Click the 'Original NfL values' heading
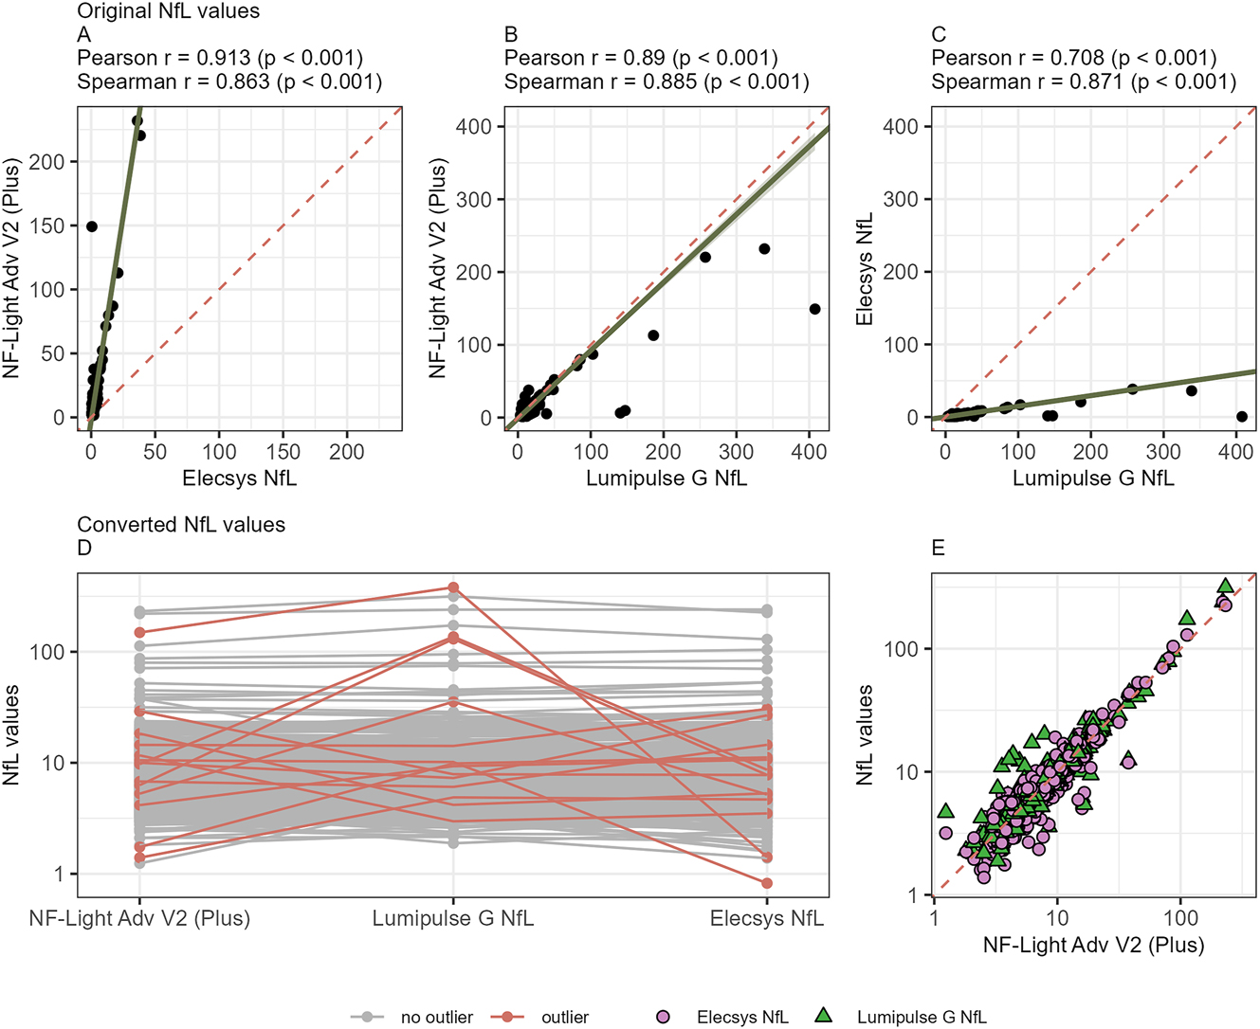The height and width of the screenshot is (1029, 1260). (x=168, y=12)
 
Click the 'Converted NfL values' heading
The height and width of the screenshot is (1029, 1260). (x=181, y=525)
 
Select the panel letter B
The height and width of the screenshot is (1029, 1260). (x=511, y=35)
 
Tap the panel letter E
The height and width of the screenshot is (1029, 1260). (x=938, y=549)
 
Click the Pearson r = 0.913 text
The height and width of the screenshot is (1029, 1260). (x=220, y=59)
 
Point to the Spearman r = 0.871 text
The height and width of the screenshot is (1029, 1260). (x=1084, y=82)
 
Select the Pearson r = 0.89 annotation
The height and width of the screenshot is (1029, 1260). (x=641, y=59)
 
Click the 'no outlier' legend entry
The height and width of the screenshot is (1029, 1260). (x=436, y=1017)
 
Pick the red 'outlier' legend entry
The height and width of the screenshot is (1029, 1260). (x=565, y=1017)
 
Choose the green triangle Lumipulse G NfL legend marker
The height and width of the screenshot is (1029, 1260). (x=824, y=1016)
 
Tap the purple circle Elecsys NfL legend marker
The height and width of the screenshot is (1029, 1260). (x=664, y=1017)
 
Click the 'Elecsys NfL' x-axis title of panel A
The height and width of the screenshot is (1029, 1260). (x=239, y=478)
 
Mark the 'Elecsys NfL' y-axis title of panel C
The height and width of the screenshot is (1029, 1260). (x=864, y=269)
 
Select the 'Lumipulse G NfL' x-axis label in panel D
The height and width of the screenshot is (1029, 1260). (x=452, y=918)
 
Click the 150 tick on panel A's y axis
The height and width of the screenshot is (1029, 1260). (x=46, y=226)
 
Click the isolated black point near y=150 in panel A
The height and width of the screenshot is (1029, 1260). (x=92, y=226)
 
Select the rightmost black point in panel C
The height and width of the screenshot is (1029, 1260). (x=1242, y=417)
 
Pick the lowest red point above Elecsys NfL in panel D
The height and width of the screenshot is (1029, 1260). (x=767, y=883)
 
